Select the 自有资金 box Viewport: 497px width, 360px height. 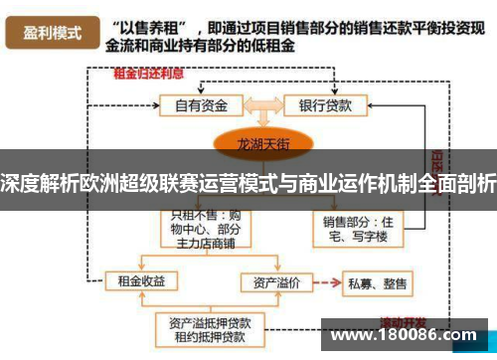tap(203, 103)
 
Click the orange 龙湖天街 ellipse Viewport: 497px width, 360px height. tap(260, 143)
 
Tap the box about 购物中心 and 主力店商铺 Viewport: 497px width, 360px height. tap(203, 227)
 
